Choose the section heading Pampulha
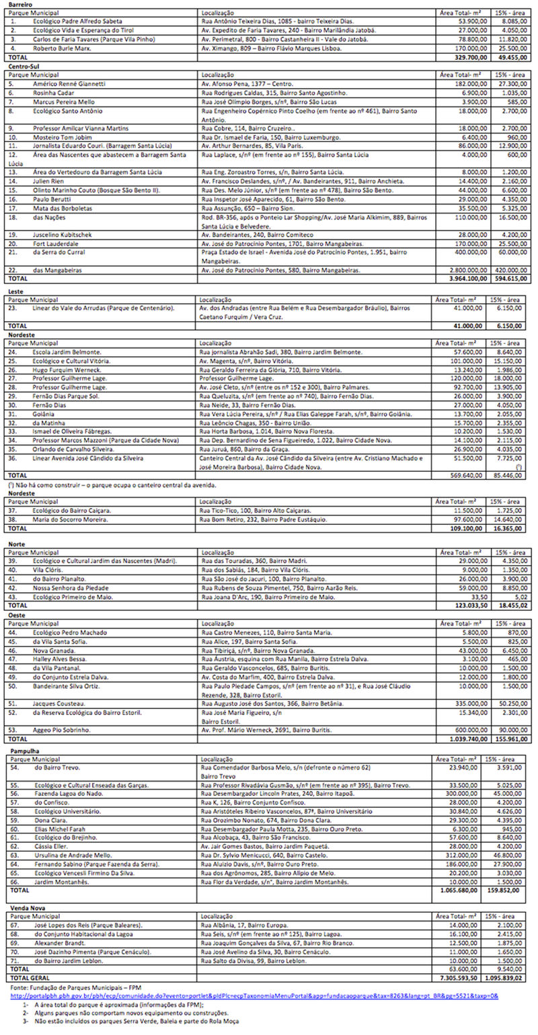24,749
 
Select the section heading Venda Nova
26,907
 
